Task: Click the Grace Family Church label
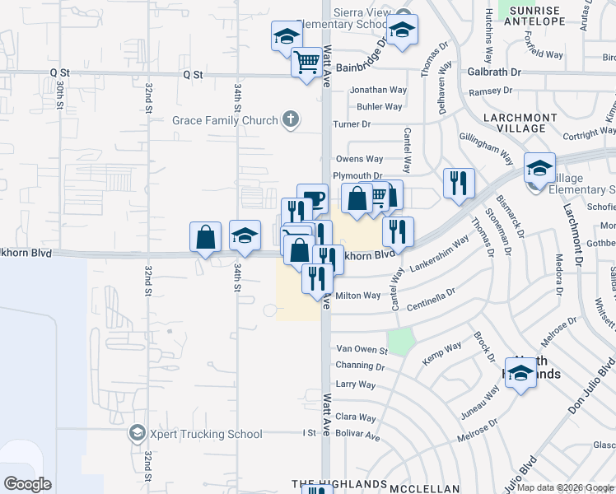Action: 225,121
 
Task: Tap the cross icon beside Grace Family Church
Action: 289,120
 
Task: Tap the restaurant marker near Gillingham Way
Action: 459,183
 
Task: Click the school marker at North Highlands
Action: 520,374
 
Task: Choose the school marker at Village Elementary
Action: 539,170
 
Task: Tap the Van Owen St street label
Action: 361,350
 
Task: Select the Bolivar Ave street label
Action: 357,436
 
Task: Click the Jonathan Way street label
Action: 378,90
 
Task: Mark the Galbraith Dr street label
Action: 493,72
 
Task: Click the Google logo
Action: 27,484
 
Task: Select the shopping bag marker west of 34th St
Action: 205,237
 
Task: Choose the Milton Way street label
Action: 358,296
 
